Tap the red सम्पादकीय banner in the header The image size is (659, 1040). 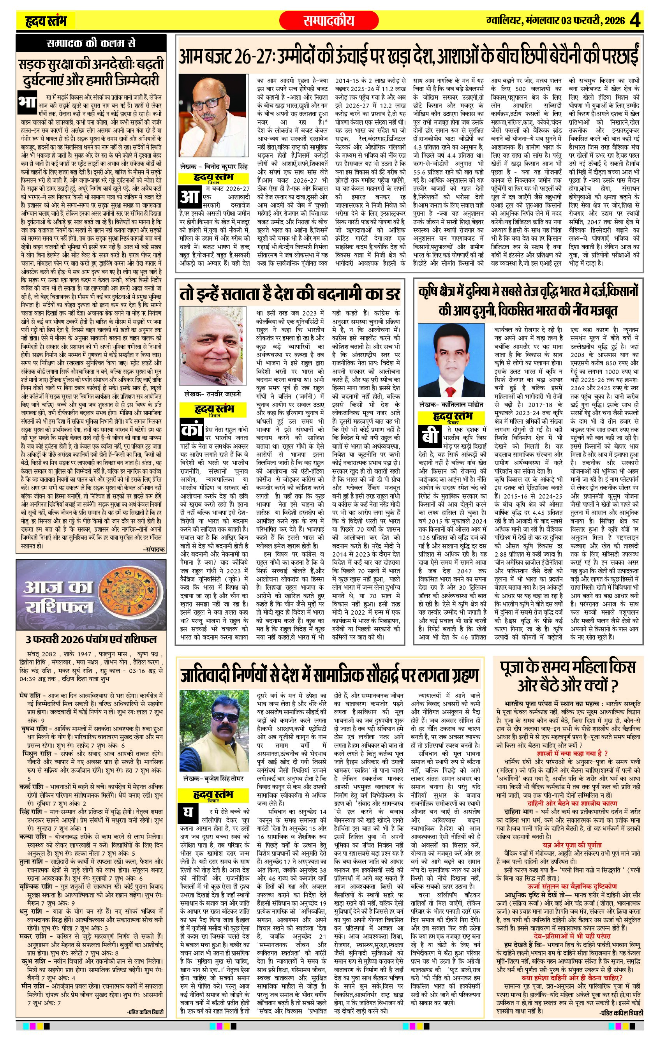pyautogui.click(x=329, y=20)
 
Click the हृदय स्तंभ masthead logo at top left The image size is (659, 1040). pyautogui.click(x=45, y=21)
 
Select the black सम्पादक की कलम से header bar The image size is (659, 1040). pyautogui.click(x=91, y=44)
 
